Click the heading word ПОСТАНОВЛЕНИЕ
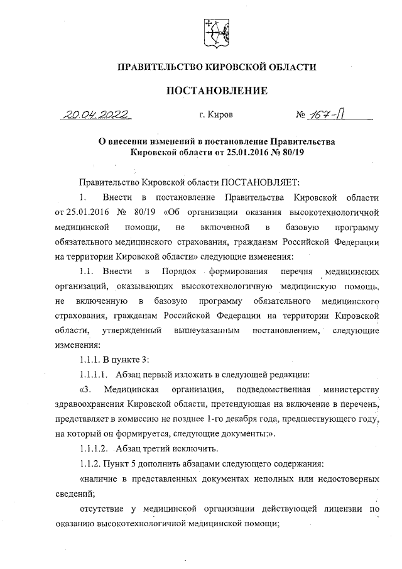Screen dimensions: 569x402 [216, 91]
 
